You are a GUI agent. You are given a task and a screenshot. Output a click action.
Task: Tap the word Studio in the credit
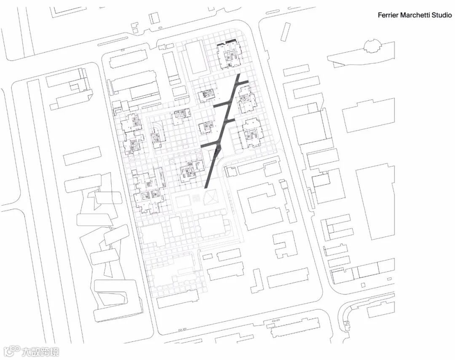click(441, 15)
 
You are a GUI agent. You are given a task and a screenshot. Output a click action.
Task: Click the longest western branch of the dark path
click(209, 145)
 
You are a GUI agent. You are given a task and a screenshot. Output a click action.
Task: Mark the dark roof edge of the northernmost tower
click(227, 43)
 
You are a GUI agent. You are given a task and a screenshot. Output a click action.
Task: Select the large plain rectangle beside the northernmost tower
click(195, 57)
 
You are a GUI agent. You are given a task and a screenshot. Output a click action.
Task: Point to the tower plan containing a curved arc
click(157, 134)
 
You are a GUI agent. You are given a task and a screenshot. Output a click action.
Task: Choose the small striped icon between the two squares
click(197, 198)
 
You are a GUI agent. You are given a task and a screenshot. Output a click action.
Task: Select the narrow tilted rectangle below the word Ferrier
click(285, 32)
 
